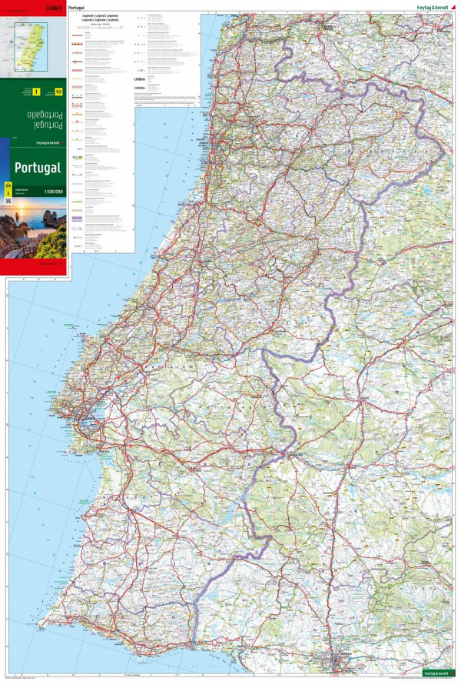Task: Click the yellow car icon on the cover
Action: pos(8,187)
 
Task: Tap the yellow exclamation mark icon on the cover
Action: pos(35,92)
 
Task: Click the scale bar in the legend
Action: pos(100,25)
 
